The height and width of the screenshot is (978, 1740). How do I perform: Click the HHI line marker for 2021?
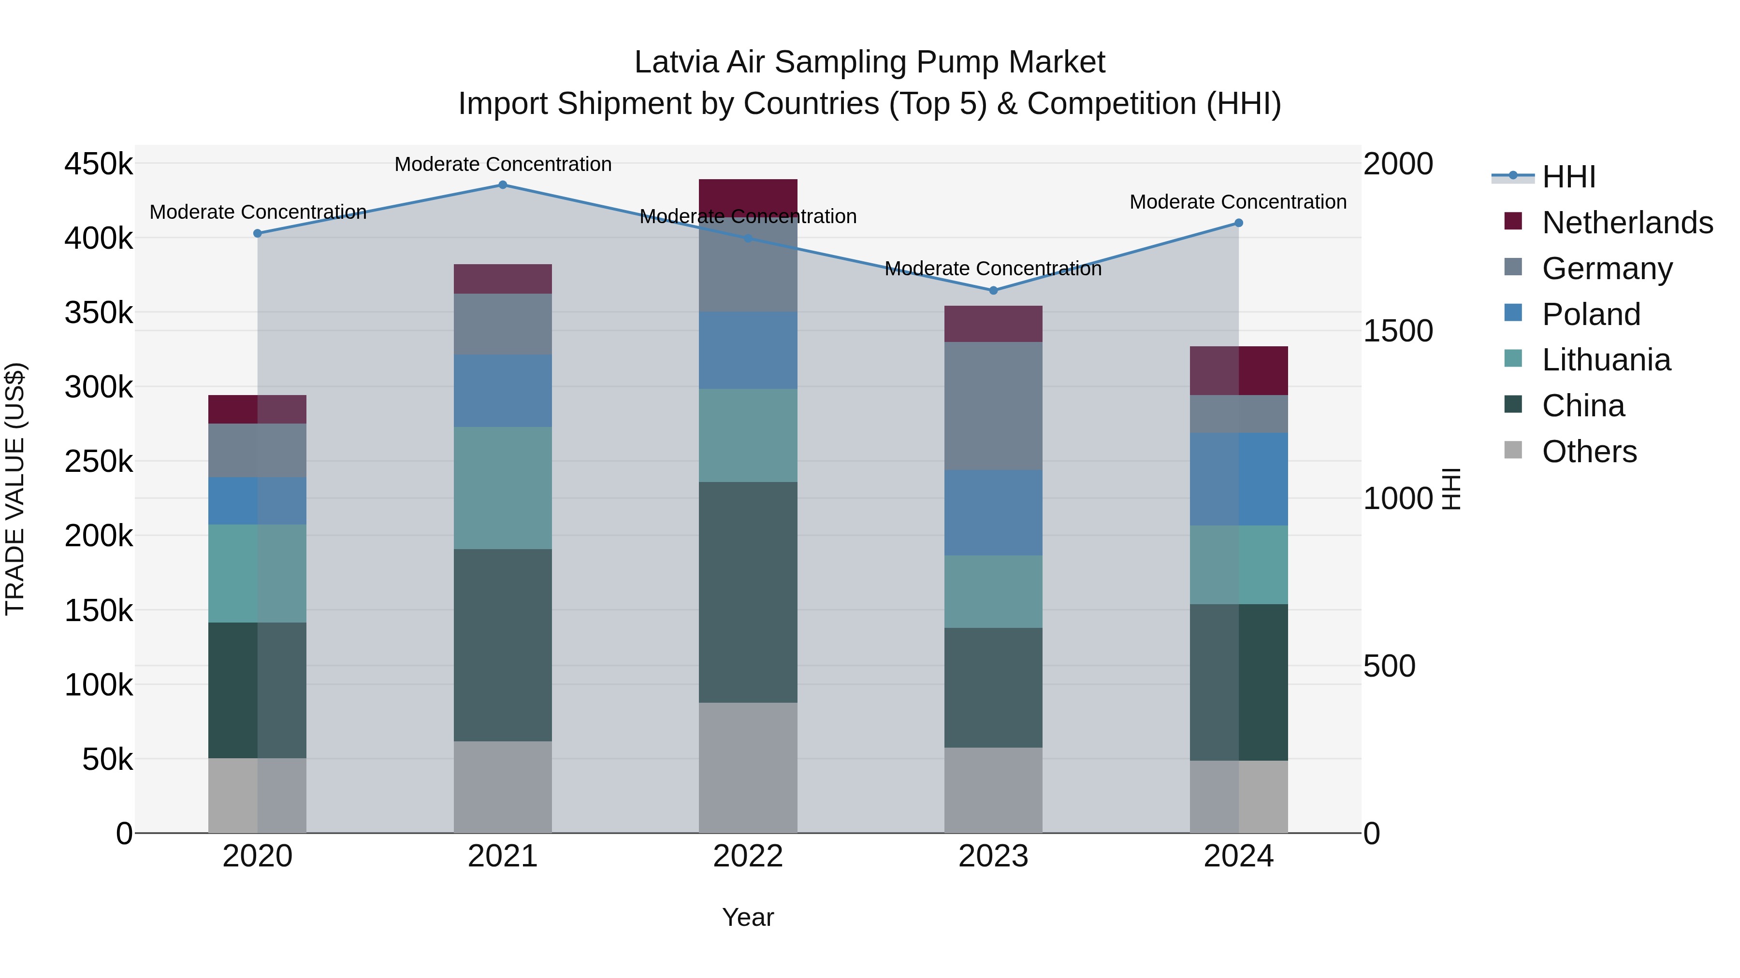pos(503,184)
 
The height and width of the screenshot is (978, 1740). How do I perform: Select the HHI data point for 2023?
pos(993,290)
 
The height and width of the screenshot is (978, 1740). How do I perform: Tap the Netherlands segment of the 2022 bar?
pos(748,196)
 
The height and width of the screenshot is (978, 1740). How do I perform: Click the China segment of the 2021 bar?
pos(503,645)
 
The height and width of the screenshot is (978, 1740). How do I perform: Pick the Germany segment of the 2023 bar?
pos(993,405)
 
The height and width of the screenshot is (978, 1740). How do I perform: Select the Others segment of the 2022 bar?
pos(748,767)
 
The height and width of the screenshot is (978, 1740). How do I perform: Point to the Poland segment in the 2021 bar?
pos(503,390)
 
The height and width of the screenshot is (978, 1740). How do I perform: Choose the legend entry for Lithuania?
pos(1606,360)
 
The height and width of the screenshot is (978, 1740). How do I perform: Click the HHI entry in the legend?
pos(1568,177)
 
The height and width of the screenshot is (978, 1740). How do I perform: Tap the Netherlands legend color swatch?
pos(1513,221)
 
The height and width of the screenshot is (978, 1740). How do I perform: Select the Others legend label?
pos(1589,452)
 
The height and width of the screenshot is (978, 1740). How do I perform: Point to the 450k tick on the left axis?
pos(99,164)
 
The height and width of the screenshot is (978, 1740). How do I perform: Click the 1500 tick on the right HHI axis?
pos(1397,331)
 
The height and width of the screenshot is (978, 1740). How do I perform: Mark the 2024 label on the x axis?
pos(1238,856)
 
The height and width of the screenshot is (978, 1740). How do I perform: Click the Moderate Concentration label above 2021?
pos(503,164)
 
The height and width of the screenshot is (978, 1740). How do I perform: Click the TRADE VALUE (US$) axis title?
pos(15,489)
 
